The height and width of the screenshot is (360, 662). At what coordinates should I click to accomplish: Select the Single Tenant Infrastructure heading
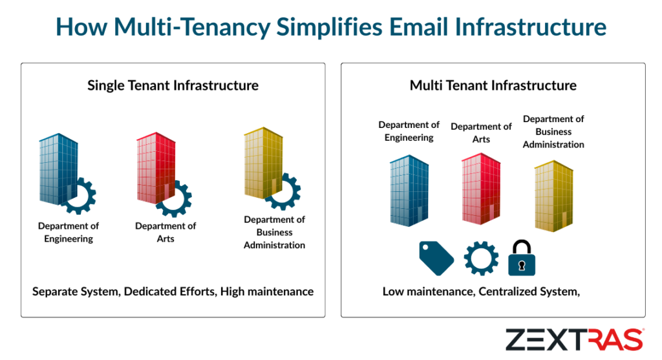[x=173, y=85]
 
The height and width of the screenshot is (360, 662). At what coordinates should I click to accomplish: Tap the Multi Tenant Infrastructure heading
[x=493, y=85]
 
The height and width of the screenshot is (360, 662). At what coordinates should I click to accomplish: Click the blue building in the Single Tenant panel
[x=58, y=169]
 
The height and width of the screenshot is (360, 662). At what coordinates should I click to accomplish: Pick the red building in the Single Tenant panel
[x=155, y=169]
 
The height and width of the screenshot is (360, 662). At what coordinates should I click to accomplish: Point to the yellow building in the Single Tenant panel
[x=262, y=164]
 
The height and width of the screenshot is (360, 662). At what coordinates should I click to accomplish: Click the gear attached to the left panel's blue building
[x=80, y=196]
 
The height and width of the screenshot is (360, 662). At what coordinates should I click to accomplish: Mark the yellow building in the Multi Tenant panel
[x=553, y=195]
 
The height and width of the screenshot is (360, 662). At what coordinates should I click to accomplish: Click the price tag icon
[x=436, y=257]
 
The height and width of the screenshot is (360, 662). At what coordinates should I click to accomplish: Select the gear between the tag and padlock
[x=481, y=258]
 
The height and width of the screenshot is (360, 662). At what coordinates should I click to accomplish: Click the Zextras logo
[x=574, y=339]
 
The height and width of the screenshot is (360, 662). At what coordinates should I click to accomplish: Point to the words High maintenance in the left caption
[x=267, y=291]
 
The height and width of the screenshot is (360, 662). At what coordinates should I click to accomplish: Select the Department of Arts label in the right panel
[x=481, y=132]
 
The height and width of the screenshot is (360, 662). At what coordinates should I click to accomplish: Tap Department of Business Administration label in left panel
[x=274, y=232]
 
